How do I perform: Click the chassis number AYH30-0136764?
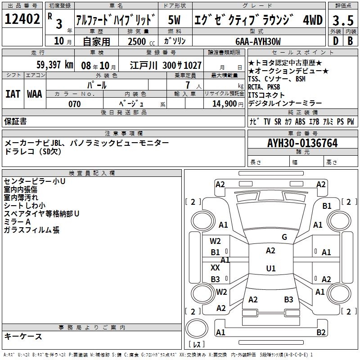click(x=302, y=144)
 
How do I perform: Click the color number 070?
click(x=74, y=104)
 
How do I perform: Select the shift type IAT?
click(x=13, y=94)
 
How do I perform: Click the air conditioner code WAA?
click(x=34, y=94)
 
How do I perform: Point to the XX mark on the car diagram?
click(x=216, y=267)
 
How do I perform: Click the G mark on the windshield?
click(x=284, y=237)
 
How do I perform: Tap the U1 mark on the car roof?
click(x=270, y=269)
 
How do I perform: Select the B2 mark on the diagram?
click(x=321, y=333)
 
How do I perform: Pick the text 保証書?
click(x=15, y=121)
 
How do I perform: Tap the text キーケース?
click(x=23, y=337)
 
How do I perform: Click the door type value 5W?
click(x=175, y=20)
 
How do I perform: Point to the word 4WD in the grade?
click(x=312, y=20)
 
